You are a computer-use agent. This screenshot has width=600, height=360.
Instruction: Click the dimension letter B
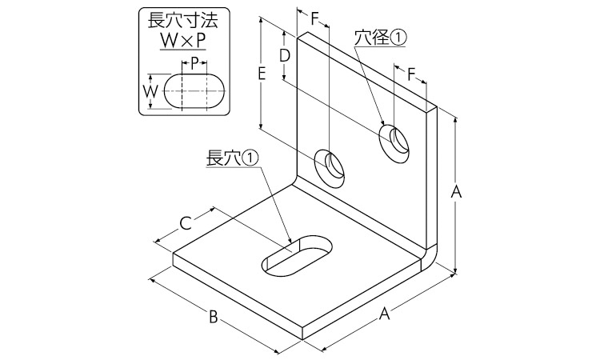click(x=214, y=317)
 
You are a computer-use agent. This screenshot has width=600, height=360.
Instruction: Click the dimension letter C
click(x=186, y=223)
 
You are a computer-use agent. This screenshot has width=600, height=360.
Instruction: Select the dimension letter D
click(x=284, y=55)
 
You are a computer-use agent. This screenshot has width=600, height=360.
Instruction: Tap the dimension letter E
click(x=262, y=73)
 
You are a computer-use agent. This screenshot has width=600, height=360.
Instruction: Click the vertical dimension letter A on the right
click(x=456, y=191)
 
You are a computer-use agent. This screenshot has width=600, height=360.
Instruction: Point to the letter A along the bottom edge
click(x=384, y=314)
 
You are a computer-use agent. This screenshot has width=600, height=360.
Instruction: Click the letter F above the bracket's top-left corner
click(x=314, y=18)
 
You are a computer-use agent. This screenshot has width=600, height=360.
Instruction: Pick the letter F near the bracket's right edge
click(x=411, y=74)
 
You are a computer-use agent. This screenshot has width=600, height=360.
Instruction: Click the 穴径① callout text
click(x=379, y=38)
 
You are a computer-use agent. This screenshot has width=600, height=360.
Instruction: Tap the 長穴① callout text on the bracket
click(x=232, y=158)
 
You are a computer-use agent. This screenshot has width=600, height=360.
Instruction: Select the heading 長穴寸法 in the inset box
click(x=183, y=20)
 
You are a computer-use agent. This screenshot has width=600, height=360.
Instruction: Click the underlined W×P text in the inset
click(x=183, y=40)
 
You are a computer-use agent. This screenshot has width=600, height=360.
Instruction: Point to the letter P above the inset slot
click(x=194, y=62)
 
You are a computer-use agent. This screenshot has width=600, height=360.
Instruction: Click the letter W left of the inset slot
click(x=150, y=91)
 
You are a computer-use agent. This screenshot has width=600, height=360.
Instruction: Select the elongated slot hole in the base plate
click(x=297, y=255)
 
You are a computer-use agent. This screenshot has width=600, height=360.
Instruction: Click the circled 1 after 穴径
click(x=398, y=38)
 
